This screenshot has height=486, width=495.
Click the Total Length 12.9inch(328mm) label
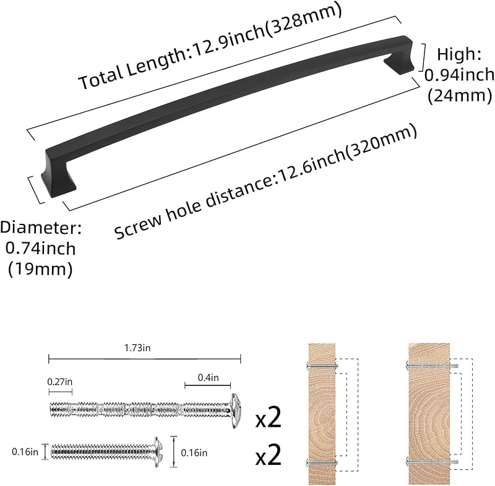[210, 46]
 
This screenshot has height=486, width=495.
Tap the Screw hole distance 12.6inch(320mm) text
[265, 181]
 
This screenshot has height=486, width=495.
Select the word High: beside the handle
[459, 54]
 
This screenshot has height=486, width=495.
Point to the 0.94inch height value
[459, 75]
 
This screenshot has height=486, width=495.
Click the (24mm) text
[460, 95]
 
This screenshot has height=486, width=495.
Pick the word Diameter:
[41, 228]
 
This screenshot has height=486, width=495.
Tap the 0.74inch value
[40, 248]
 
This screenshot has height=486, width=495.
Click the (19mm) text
[40, 269]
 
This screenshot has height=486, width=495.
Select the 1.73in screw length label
[137, 348]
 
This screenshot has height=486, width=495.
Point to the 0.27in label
[59, 382]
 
